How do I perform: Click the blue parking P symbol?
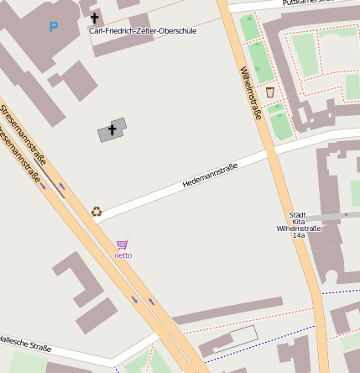click(54, 27)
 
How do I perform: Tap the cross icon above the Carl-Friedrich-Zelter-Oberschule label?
click(94, 18)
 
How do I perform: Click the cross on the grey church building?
click(112, 130)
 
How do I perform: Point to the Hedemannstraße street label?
click(210, 176)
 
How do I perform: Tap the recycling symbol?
click(97, 212)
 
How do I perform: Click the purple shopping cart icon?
click(123, 244)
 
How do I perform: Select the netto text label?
click(123, 255)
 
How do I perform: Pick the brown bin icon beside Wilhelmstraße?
click(269, 92)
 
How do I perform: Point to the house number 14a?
click(299, 236)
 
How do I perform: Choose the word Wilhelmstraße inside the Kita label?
click(299, 229)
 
